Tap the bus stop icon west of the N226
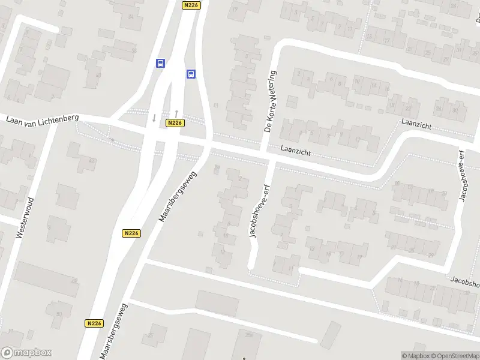160,63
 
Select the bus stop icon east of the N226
191,74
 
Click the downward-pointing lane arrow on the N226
154,118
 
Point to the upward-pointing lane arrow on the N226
176,113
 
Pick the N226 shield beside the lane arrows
175,123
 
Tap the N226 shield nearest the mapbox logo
94,323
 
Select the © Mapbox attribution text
416,356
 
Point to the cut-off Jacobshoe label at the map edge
466,281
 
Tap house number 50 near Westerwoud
58,314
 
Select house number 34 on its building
130,16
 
